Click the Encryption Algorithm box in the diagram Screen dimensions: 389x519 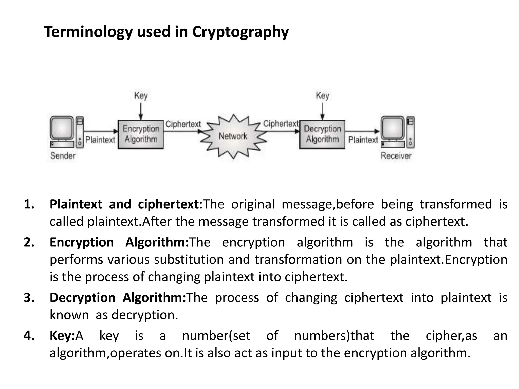point(141,134)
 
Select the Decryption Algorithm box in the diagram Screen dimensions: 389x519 point(322,134)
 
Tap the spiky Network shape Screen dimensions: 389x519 point(233,136)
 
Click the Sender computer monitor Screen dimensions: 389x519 point(62,128)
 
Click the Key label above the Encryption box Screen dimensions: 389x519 point(141,96)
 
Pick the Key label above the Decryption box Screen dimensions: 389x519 point(322,96)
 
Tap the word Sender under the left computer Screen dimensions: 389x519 point(63,155)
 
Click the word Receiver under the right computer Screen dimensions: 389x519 point(396,155)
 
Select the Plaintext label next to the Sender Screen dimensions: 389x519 point(100,140)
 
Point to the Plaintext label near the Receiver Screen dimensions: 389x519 point(363,140)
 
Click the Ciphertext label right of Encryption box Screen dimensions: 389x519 point(183,124)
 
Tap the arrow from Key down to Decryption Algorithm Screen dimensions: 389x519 point(322,111)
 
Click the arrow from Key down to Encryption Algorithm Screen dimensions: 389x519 point(141,111)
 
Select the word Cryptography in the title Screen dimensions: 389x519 point(240,32)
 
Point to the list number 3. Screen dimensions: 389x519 point(29,298)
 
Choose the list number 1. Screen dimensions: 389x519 point(29,204)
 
